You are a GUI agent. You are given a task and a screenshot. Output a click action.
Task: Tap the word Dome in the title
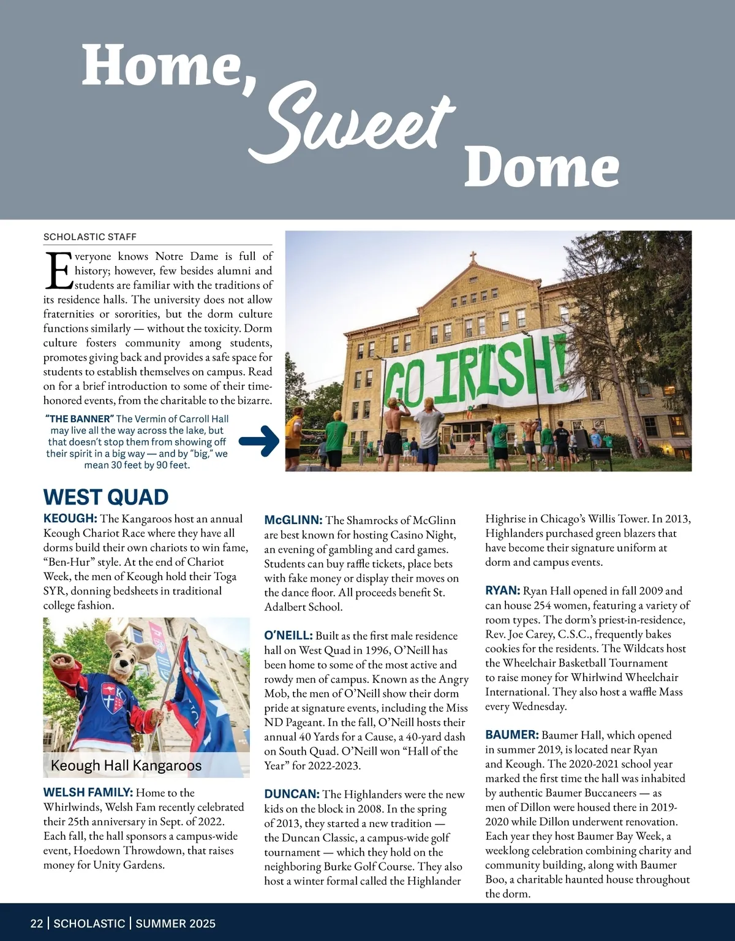(541, 167)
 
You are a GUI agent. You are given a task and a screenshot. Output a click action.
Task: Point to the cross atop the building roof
(472, 256)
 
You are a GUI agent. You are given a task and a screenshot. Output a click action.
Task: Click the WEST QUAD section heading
(105, 497)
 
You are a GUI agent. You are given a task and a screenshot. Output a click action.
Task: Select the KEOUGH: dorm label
(70, 519)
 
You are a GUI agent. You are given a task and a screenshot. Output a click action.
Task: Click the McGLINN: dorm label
(293, 520)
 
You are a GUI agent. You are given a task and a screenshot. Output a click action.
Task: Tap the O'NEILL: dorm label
(288, 636)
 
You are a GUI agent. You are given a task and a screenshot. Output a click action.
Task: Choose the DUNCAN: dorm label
(292, 794)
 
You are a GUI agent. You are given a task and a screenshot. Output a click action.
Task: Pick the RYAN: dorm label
(502, 591)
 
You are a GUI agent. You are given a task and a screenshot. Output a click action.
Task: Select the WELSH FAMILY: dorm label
(88, 793)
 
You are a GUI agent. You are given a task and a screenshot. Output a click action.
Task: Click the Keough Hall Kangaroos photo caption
(126, 765)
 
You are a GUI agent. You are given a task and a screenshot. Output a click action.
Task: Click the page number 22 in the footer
(37, 923)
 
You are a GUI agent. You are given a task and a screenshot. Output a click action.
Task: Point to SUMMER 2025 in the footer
(176, 923)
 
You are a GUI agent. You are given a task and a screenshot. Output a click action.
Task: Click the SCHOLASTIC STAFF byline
(90, 237)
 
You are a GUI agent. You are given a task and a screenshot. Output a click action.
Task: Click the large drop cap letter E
(58, 270)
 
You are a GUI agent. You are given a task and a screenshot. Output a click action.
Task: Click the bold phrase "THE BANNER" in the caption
(79, 419)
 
